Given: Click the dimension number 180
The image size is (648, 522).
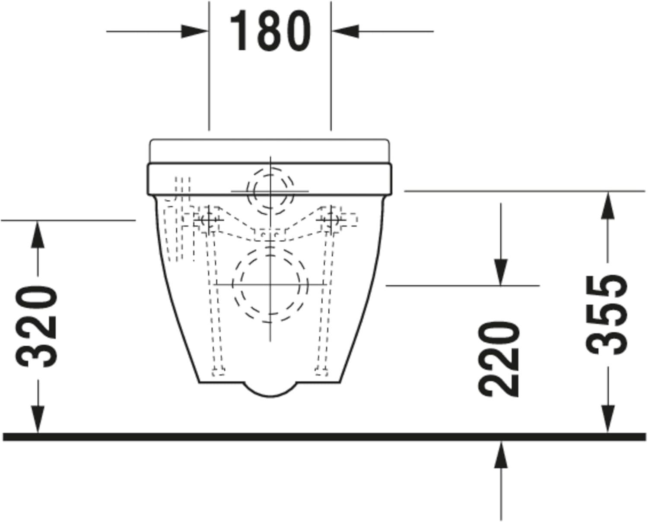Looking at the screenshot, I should coord(270,31).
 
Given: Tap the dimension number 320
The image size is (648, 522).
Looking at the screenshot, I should coord(38,326).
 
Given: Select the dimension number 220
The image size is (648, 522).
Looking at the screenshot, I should coord(500,359).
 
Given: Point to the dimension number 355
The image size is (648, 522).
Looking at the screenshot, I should coord(607,315).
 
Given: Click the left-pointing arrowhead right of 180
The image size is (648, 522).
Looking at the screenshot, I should coord(346,31).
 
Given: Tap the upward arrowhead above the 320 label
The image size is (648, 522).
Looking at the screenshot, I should coord(38,233).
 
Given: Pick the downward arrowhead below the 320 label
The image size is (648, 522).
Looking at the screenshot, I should coord(38,419).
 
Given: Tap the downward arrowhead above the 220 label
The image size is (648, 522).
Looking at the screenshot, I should coord(501,272).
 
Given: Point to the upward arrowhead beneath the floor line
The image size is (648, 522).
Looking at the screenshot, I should coord(501,454).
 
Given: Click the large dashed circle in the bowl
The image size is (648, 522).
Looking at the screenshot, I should coord(270,284).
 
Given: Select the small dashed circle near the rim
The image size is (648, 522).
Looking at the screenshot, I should coord(270,191).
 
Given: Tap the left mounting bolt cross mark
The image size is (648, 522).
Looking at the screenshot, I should coord(209,220).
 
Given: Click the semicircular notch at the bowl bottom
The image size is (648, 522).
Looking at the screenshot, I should coord(270,389).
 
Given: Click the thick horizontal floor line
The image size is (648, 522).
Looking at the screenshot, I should coord(324,437).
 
